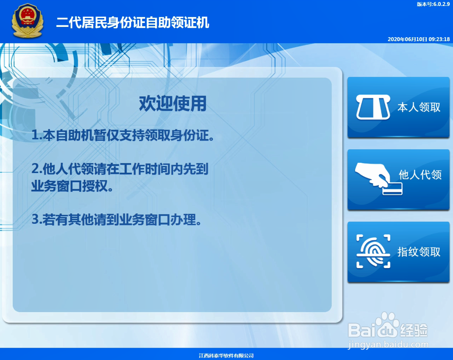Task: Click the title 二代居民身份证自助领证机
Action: click(132, 23)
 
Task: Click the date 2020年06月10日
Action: click(407, 39)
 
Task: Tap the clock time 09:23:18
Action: click(439, 39)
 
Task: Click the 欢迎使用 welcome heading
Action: click(172, 104)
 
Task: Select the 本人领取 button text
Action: click(419, 107)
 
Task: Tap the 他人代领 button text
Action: click(420, 175)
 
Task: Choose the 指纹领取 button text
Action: click(419, 252)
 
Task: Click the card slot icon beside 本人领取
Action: click(373, 107)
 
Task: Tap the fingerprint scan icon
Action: click(373, 251)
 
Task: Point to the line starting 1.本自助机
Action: click(123, 136)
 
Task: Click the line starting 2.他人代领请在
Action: click(120, 169)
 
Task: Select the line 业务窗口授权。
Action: click(72, 186)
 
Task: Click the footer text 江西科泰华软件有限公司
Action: click(226, 356)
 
